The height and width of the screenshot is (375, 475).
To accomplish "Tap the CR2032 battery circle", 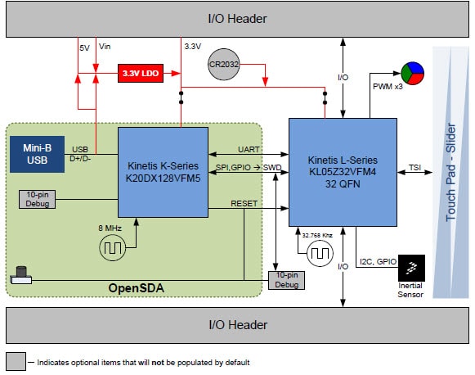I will pos(222,64).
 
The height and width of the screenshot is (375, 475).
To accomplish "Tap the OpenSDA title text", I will pos(137,289).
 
